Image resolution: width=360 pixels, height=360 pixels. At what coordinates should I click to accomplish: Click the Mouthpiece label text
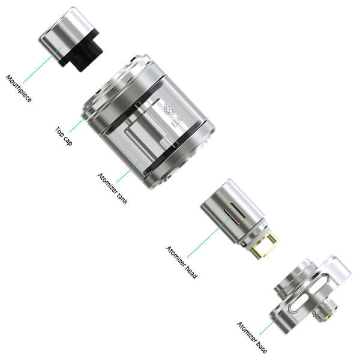[20, 89]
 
